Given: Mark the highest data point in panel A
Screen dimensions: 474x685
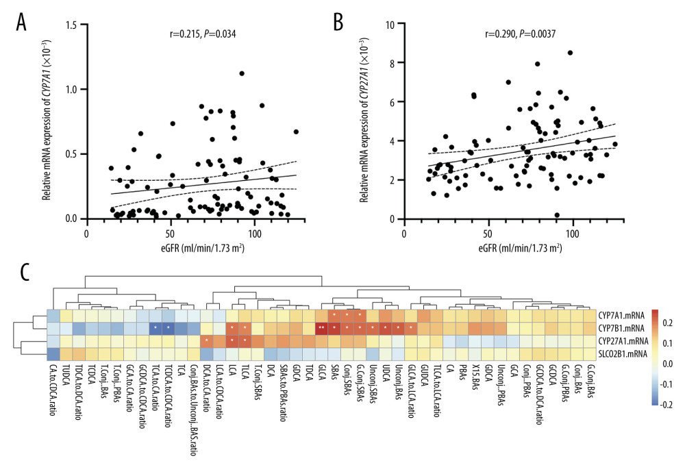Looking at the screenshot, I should [x=242, y=73].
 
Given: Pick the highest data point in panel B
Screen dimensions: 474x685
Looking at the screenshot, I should [x=570, y=53].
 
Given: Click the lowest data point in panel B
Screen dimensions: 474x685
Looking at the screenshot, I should [x=557, y=215].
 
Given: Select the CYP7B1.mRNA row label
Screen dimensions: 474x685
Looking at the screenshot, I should [x=622, y=328].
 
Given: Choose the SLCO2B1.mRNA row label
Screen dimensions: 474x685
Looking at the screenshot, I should [x=624, y=353].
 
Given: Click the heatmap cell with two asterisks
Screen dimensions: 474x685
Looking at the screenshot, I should [x=321, y=328].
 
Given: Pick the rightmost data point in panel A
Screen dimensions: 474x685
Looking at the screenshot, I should [x=296, y=132].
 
